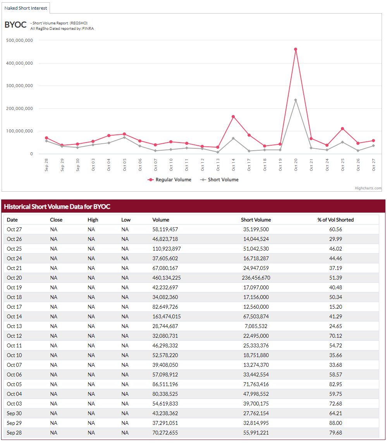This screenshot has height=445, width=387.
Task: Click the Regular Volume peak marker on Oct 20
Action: click(296, 50)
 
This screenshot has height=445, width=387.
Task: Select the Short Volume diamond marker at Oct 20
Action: click(296, 100)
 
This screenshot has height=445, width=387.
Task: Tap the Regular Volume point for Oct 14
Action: click(233, 117)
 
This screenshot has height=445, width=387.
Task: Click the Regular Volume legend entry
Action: click(170, 180)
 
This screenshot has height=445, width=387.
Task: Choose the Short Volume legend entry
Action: click(219, 180)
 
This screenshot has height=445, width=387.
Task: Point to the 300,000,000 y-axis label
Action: click(20, 86)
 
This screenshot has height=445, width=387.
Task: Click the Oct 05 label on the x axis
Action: click(124, 165)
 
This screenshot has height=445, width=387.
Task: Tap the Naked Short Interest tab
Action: click(26, 8)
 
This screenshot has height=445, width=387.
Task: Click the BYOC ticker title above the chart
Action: click(15, 25)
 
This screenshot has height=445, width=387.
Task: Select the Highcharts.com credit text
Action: click(368, 188)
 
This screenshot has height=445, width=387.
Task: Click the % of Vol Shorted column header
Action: click(335, 220)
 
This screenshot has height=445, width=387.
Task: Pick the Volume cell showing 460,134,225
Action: click(167, 278)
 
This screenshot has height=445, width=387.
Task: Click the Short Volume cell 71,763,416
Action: click(256, 384)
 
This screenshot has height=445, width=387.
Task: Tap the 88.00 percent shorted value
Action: click(335, 423)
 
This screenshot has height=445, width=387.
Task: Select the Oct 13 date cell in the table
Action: click(14, 326)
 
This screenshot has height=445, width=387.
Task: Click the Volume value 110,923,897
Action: click(167, 249)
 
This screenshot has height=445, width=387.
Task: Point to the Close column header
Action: click(56, 220)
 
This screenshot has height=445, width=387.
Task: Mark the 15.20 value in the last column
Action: click(335, 307)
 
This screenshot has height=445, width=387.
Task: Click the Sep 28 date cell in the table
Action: click(14, 433)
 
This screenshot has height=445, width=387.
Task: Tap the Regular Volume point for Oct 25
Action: click(342, 129)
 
